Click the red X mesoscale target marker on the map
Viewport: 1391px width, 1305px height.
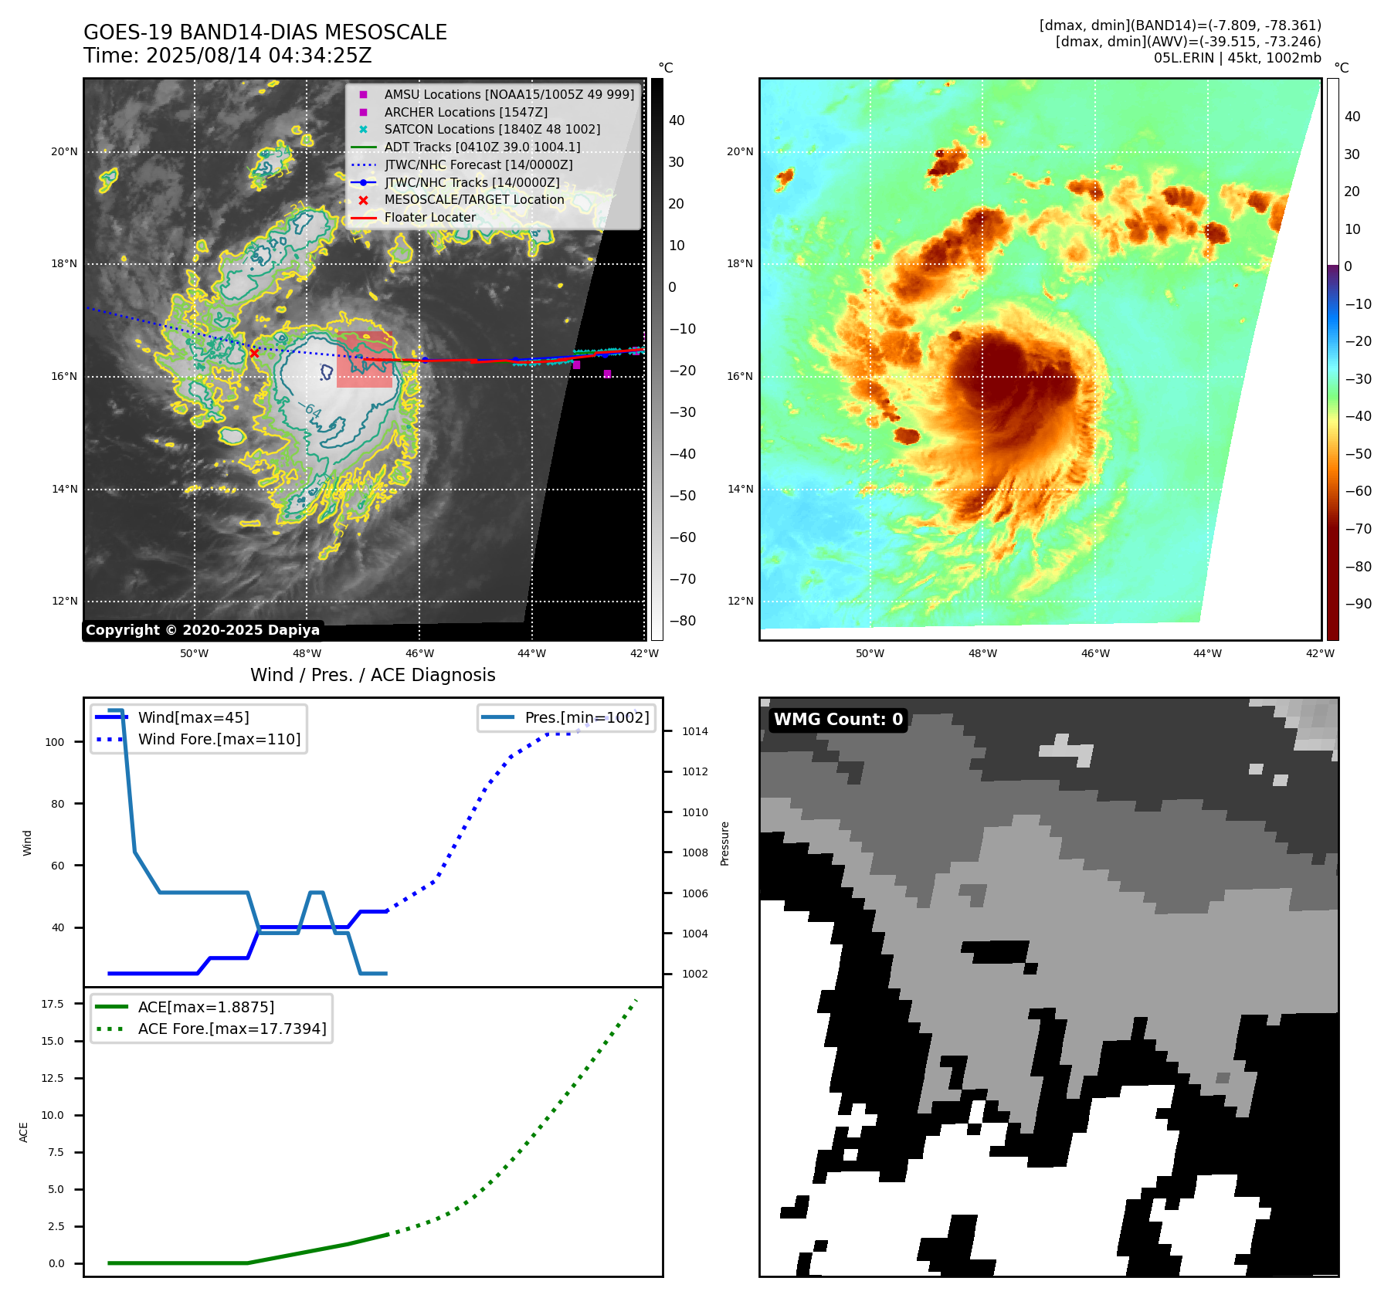(254, 354)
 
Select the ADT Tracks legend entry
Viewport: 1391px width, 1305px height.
(482, 147)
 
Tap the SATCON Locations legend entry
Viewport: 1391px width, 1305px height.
(492, 129)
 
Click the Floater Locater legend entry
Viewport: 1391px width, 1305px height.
(429, 217)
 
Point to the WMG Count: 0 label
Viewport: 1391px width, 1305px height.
(838, 720)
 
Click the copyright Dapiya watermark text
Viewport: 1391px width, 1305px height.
(202, 630)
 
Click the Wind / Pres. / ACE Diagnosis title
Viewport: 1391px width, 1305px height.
(372, 675)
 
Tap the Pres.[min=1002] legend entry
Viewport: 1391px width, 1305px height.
(586, 717)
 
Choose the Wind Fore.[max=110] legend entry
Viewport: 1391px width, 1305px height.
(219, 739)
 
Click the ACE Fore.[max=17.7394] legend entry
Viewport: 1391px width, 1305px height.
(232, 1029)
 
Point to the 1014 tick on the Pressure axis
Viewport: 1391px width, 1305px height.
(694, 731)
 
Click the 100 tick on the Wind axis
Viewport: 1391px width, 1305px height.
(55, 742)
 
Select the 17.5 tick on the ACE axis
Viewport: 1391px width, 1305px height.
(53, 1004)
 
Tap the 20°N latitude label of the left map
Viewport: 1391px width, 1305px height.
(64, 151)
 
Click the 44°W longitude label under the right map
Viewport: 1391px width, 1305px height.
(1207, 653)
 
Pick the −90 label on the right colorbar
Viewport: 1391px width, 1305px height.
(1358, 604)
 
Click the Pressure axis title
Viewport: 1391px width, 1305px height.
(724, 843)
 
